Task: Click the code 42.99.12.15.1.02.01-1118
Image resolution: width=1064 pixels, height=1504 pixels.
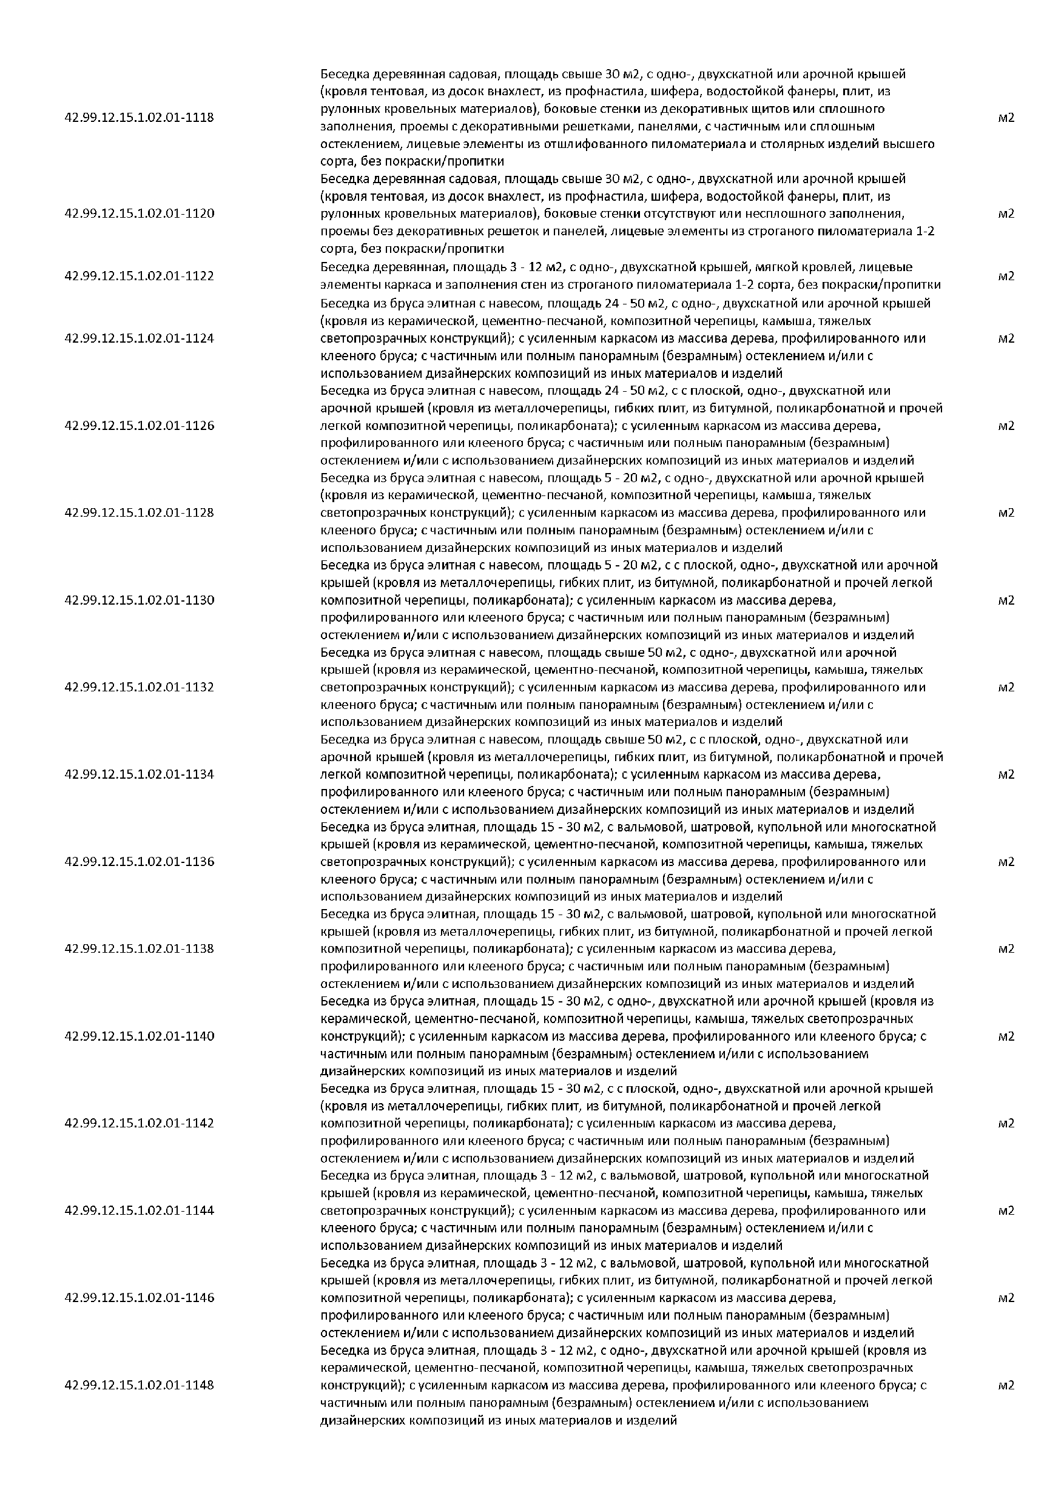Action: click(139, 118)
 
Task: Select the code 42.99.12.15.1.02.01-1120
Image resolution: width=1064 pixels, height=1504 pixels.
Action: click(139, 213)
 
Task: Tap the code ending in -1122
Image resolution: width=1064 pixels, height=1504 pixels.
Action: click(139, 276)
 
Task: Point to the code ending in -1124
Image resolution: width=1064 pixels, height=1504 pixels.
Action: click(139, 338)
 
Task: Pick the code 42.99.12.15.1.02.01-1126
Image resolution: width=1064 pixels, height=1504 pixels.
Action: click(139, 426)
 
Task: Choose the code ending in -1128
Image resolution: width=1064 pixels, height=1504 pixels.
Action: click(139, 512)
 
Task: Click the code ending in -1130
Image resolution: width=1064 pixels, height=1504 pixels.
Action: click(139, 600)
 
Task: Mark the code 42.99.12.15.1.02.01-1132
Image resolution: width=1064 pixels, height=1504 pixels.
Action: click(139, 687)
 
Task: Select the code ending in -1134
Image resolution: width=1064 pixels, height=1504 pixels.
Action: click(139, 774)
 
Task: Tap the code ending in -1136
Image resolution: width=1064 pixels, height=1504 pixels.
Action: click(139, 861)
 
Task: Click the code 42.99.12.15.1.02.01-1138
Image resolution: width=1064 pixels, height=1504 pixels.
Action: click(139, 948)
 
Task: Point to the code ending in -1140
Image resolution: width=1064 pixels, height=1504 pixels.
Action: click(139, 1036)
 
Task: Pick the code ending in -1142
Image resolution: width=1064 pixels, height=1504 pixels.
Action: click(139, 1123)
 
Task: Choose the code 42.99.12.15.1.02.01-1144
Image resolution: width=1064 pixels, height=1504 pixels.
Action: click(139, 1210)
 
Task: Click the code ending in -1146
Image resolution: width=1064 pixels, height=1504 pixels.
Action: click(139, 1298)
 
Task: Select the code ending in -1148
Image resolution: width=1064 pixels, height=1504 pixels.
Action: click(139, 1385)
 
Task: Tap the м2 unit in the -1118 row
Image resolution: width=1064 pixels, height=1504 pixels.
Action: click(1006, 118)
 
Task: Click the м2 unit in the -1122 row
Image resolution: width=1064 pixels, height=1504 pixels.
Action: click(1006, 276)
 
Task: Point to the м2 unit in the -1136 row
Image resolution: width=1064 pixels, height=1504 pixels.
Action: click(1006, 861)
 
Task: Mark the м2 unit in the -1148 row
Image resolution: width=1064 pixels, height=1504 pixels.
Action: click(1006, 1385)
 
